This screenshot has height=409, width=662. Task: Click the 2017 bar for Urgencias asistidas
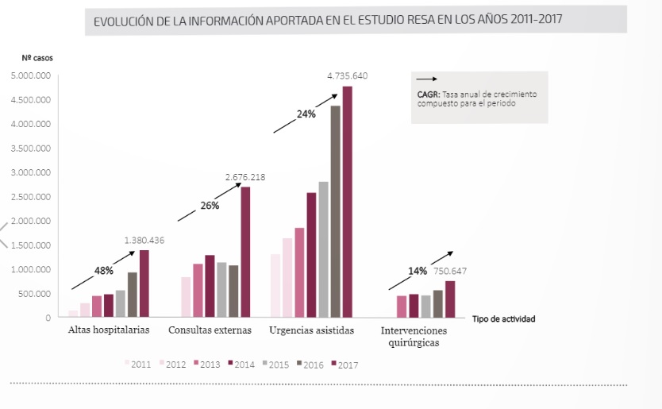[347, 202]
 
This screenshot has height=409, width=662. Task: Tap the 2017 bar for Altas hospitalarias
[144, 284]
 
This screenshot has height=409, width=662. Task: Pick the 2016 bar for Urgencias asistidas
[335, 211]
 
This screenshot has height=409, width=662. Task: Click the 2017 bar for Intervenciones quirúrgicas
[450, 299]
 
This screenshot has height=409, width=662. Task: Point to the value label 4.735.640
[347, 76]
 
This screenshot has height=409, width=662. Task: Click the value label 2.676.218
[244, 177]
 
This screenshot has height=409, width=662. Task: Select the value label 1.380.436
[144, 241]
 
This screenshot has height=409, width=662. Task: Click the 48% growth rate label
[103, 271]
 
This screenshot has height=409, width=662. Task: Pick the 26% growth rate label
[210, 206]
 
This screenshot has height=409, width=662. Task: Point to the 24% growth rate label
[306, 114]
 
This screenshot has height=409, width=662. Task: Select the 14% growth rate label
[418, 271]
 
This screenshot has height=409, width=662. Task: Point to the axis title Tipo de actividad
[503, 319]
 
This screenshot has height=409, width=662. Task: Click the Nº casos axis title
[37, 57]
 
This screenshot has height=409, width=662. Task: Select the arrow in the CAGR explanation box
[427, 79]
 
